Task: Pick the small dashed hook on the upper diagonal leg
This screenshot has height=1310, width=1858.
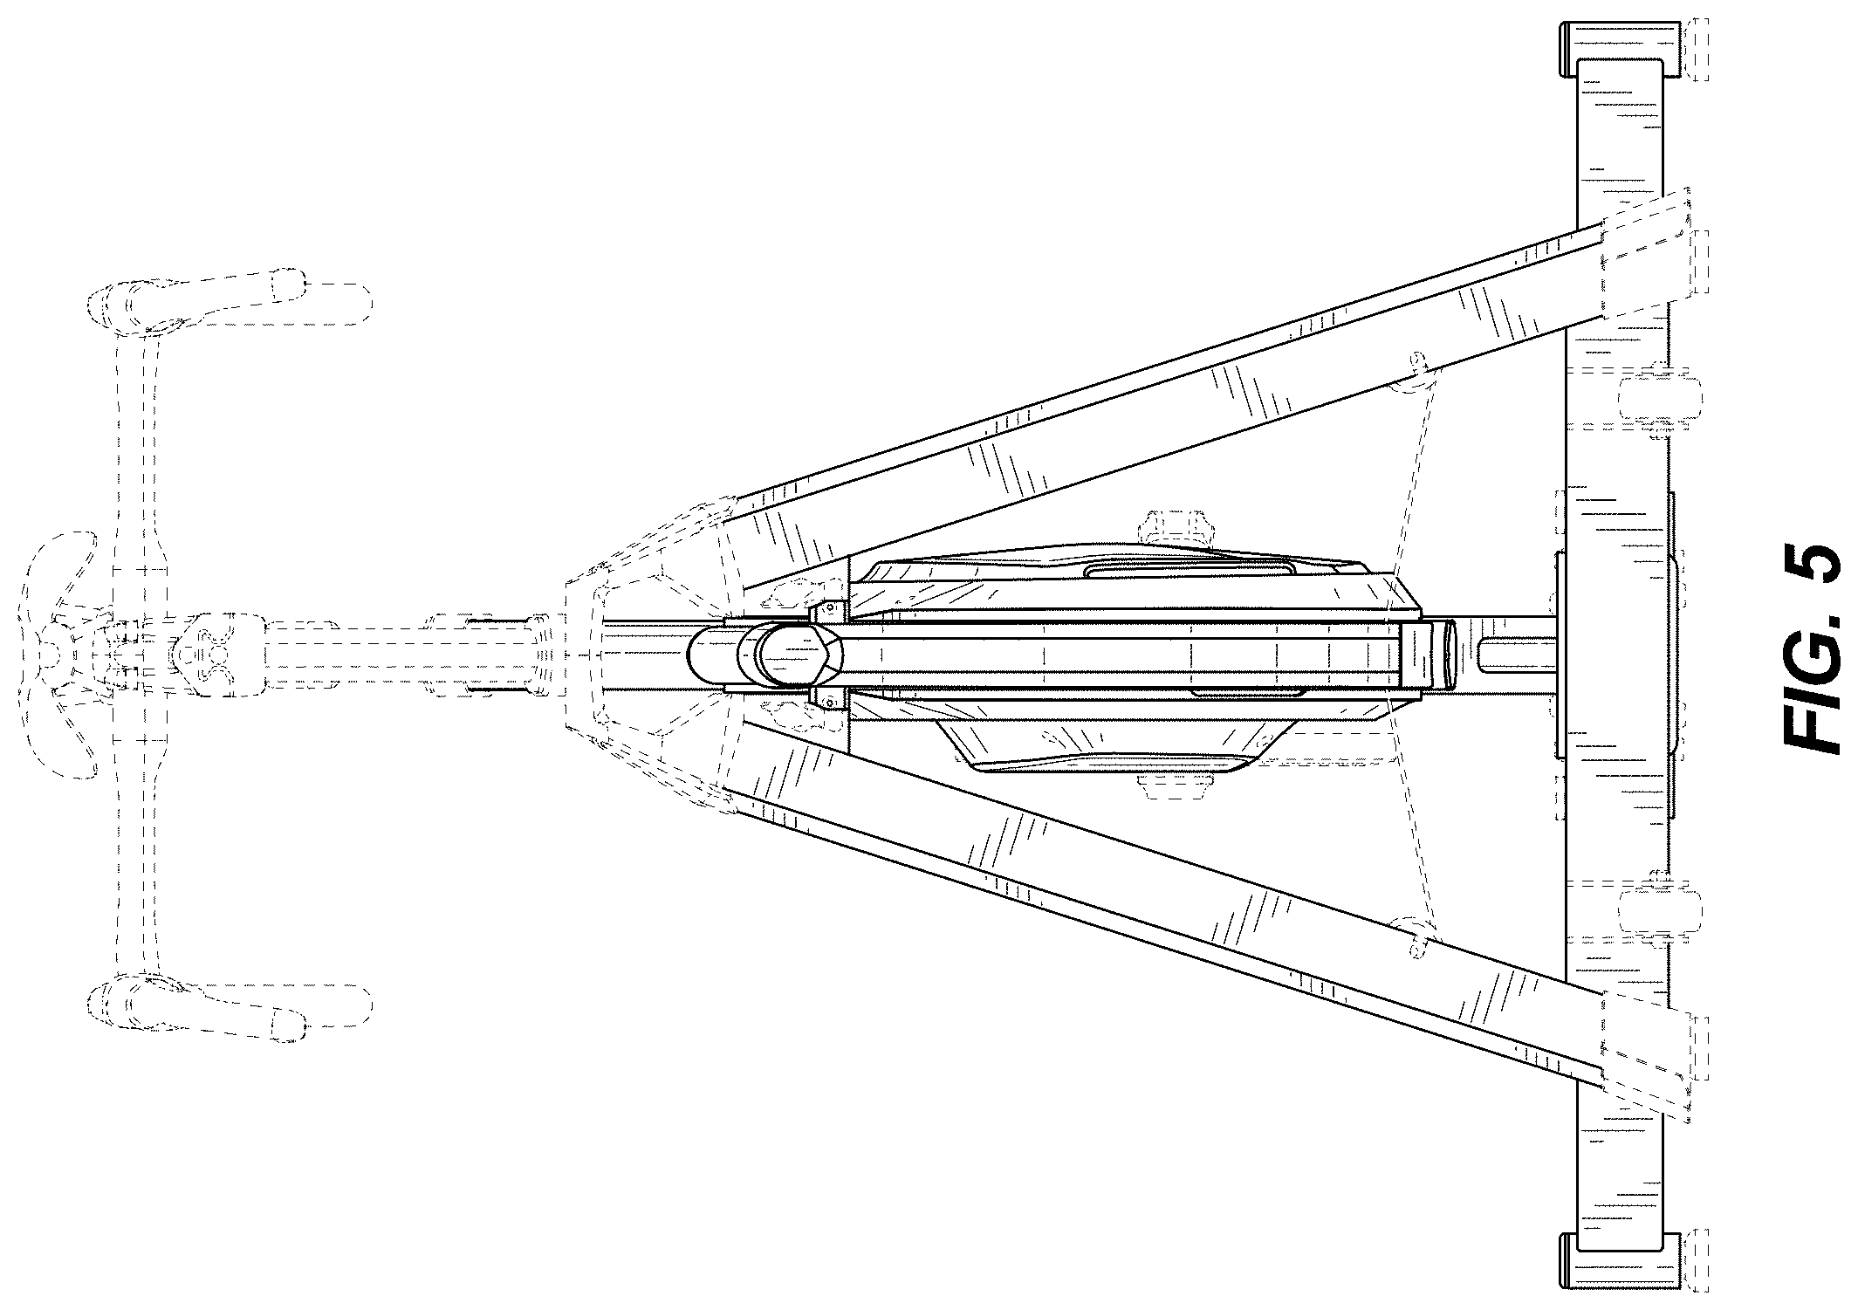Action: point(1416,377)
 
